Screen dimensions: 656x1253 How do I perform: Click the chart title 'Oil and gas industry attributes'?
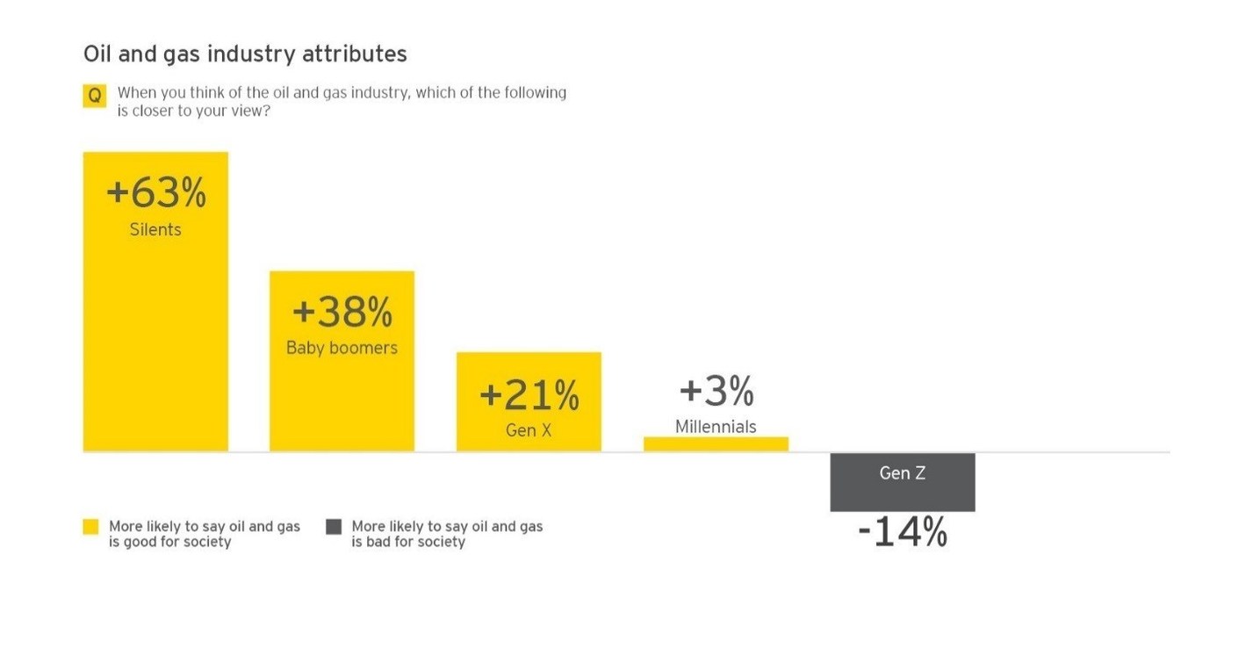[245, 54]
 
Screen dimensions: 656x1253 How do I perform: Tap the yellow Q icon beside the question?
[94, 96]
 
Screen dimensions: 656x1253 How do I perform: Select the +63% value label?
[155, 194]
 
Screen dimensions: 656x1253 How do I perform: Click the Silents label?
[155, 230]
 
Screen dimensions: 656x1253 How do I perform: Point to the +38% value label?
[342, 312]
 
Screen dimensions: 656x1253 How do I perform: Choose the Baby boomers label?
[342, 348]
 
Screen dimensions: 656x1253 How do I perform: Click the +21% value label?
[529, 396]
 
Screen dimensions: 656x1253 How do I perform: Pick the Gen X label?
[529, 431]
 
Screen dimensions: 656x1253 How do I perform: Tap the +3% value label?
[717, 392]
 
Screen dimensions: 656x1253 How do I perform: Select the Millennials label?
[716, 427]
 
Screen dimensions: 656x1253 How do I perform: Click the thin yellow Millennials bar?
[716, 444]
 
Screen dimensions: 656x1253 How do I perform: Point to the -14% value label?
[903, 533]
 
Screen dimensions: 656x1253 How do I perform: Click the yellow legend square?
[90, 527]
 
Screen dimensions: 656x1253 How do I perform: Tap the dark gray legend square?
[334, 527]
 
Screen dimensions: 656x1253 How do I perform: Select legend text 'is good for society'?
[170, 542]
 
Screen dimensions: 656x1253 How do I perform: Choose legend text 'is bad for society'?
[408, 542]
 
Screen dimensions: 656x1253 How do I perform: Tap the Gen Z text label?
[903, 473]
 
